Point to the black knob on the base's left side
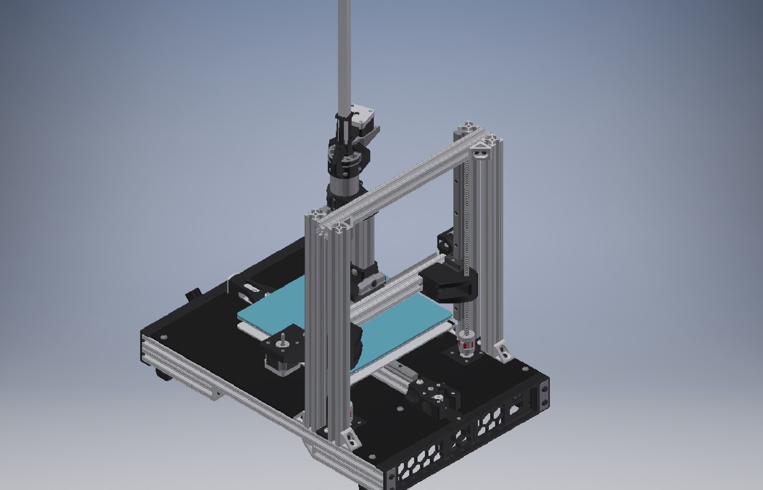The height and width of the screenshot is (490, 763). (194, 294)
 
